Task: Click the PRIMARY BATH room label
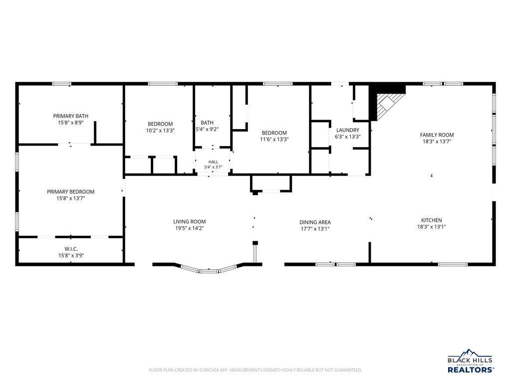[71, 116]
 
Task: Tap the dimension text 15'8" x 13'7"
[71, 198]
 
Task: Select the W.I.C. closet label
[71, 249]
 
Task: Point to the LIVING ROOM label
[189, 221]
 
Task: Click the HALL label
[214, 162]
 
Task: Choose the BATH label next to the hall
[207, 123]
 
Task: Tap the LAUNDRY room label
[348, 130]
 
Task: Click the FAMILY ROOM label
[437, 135]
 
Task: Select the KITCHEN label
[432, 220]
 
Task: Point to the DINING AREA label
[315, 222]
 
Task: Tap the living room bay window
[209, 268]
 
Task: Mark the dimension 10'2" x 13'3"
[160, 130]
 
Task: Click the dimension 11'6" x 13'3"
[274, 140]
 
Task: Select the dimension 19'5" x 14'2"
[189, 228]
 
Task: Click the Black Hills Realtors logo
[471, 361]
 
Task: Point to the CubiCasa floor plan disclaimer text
[255, 370]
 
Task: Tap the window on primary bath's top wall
[61, 84]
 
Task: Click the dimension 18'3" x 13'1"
[432, 227]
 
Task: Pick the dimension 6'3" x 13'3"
[348, 137]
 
